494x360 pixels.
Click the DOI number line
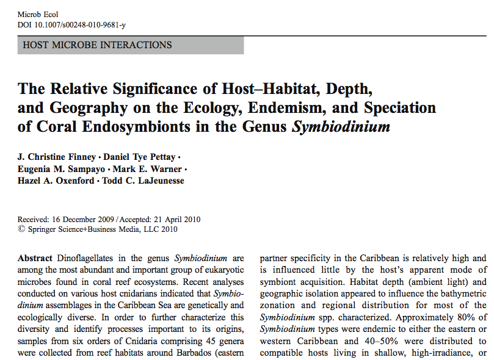[x=72, y=25]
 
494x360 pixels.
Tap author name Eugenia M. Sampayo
[x=60, y=169]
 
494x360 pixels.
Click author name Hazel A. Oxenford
[x=56, y=181]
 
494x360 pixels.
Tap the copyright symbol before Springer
[x=21, y=230]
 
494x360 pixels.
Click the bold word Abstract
[x=35, y=258]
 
